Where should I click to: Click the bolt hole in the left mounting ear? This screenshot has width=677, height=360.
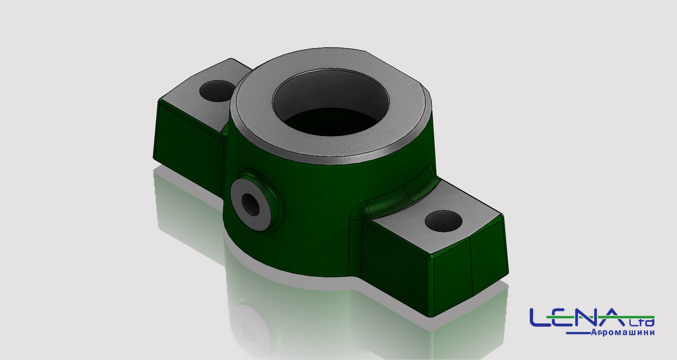[217, 91]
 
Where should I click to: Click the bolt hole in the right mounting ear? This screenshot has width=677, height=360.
[443, 221]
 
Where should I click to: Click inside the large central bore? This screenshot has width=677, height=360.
[331, 109]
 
